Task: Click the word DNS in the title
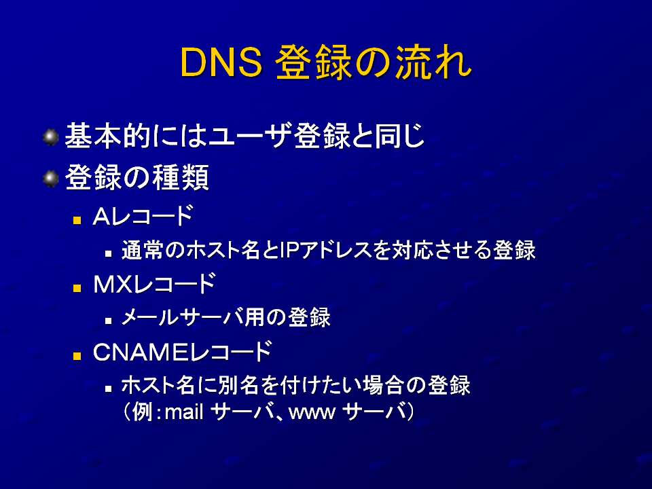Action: (x=221, y=62)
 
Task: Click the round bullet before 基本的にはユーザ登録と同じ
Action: (x=51, y=137)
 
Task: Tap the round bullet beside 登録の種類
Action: (x=51, y=179)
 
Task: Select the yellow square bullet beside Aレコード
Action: (x=77, y=219)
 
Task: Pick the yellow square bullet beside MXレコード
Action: (x=77, y=288)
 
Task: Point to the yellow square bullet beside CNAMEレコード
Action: (x=77, y=356)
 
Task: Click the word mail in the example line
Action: (x=184, y=412)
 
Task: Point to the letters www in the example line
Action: (x=312, y=414)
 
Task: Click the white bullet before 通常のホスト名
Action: (x=109, y=253)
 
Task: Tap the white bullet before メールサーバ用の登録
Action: (x=109, y=321)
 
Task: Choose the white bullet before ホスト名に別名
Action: (x=109, y=388)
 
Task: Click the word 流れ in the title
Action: (x=433, y=62)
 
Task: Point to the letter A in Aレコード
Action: (x=101, y=216)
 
